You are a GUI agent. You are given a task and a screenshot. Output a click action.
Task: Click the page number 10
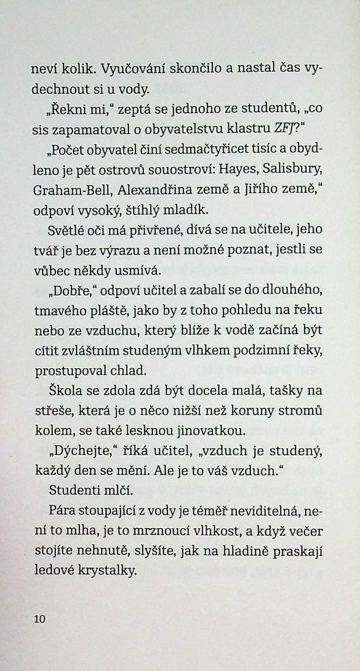40,619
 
